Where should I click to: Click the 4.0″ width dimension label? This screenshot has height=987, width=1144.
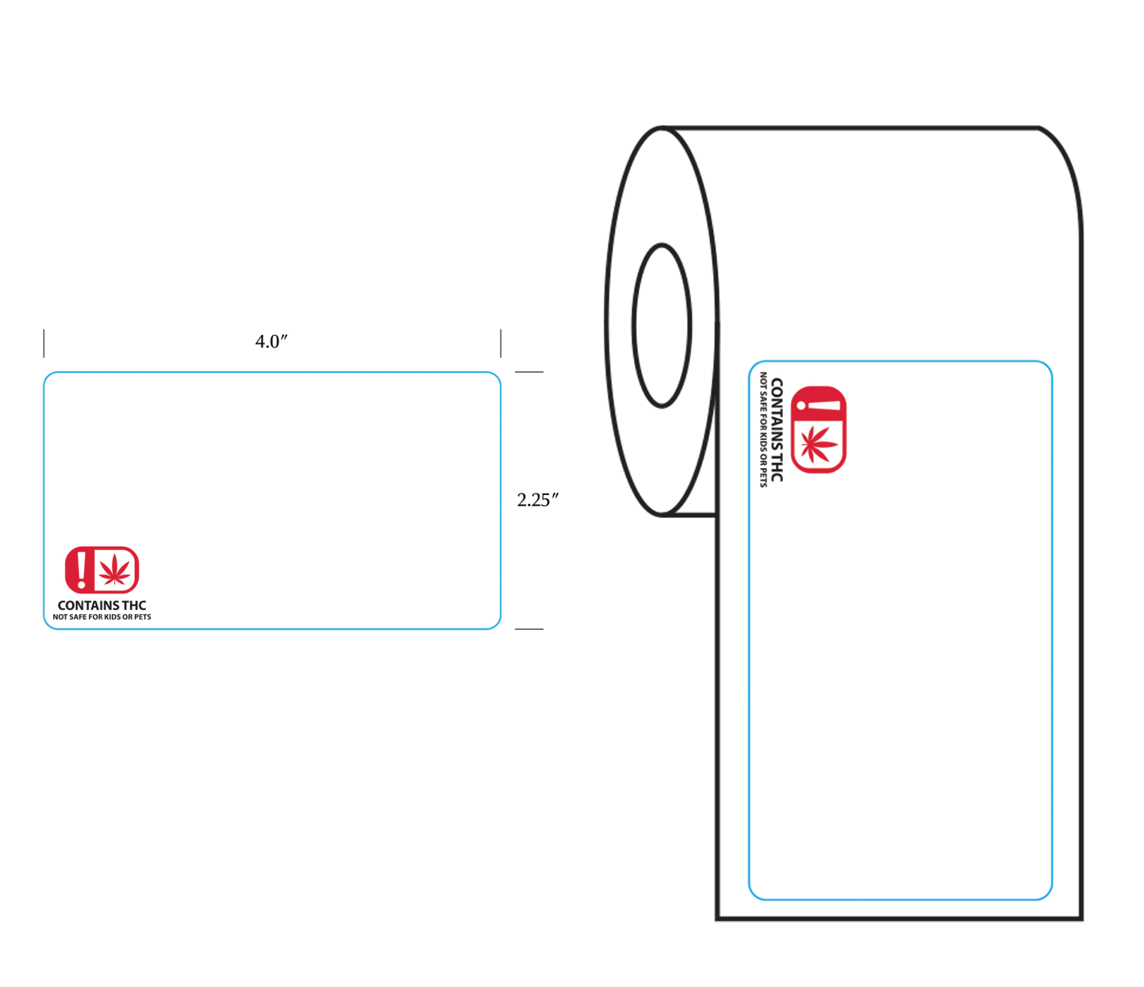271,341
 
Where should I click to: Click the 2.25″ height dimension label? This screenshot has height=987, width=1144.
537,500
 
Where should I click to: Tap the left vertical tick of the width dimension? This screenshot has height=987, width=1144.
44,344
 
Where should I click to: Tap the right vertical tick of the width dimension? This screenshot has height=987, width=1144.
501,344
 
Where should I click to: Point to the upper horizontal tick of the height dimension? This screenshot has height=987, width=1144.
529,372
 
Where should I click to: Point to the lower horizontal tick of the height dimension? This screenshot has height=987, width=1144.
529,629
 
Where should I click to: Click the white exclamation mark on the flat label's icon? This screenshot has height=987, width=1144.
82,570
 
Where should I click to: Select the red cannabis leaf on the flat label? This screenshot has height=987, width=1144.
114,570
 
